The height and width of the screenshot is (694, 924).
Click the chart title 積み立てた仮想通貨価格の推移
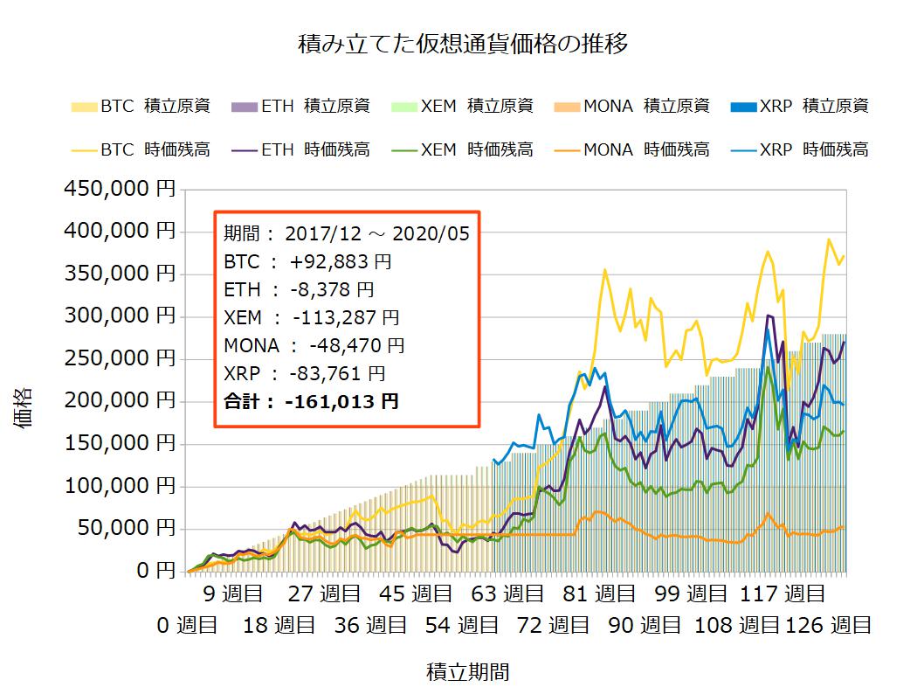(x=462, y=45)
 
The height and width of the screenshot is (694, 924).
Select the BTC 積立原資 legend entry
(x=140, y=107)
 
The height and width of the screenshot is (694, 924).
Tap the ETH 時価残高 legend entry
(x=300, y=149)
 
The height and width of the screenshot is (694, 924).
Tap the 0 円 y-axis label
(x=154, y=571)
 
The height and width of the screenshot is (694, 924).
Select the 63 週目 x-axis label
(x=508, y=595)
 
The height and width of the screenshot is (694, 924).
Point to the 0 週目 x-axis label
(x=187, y=625)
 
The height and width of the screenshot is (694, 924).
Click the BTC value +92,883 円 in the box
(x=332, y=261)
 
